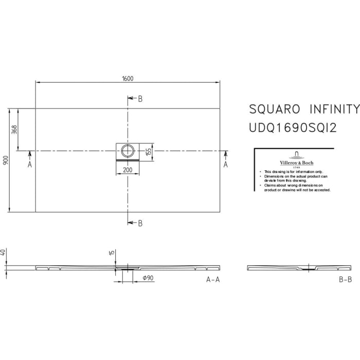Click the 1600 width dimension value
tap(128, 78)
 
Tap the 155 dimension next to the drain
tap(148, 152)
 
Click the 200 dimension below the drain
tap(128, 170)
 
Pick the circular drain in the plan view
tap(128, 151)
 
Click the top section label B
tap(140, 99)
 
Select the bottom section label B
tap(140, 223)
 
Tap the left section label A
tap(29, 164)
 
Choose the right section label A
tap(225, 164)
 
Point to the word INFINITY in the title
tap(335, 110)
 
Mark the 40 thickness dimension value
tap(4, 253)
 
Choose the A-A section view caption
tap(213, 280)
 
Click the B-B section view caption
tap(345, 280)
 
